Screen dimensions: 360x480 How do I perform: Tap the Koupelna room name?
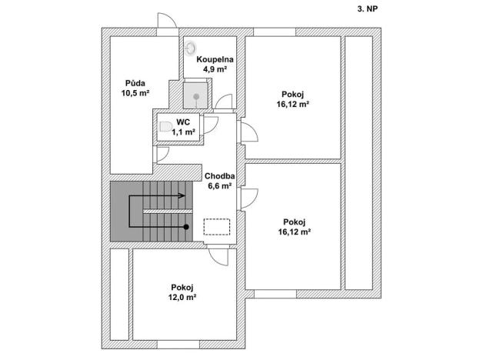(x=215, y=59)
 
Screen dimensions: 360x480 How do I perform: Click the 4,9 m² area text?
(x=215, y=69)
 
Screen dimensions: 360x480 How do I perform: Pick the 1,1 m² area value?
(x=183, y=132)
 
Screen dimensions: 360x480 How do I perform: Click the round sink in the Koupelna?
(x=191, y=47)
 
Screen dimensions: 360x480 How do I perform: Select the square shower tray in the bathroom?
(x=196, y=96)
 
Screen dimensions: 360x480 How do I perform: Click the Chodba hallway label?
(x=219, y=175)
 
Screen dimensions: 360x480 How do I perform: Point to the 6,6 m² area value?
(x=219, y=185)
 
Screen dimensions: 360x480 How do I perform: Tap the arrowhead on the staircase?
(x=183, y=196)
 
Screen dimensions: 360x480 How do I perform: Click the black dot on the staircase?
(x=186, y=227)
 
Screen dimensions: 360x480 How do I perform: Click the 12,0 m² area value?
(x=182, y=298)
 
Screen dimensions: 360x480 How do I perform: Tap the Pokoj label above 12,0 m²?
(x=182, y=287)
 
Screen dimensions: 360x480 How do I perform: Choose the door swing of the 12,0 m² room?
(x=218, y=257)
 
